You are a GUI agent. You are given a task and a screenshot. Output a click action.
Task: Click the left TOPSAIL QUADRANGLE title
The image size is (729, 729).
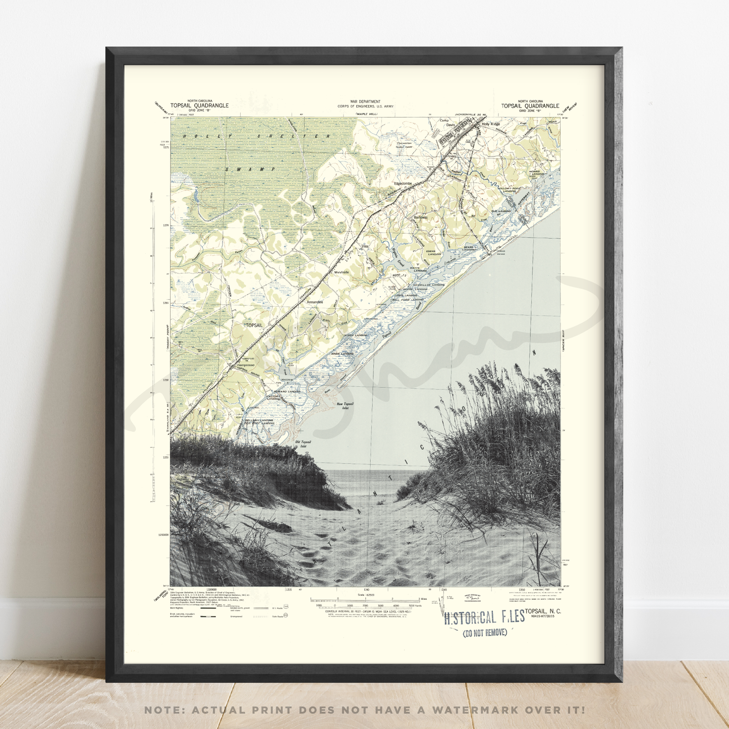(199, 105)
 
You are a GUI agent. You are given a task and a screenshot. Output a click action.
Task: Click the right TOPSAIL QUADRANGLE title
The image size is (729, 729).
(530, 105)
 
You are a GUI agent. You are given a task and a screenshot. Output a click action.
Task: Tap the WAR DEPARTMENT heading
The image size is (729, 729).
(365, 101)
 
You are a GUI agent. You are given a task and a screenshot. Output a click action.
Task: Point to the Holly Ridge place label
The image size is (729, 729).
(490, 124)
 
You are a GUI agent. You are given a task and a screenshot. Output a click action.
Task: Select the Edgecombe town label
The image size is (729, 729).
(403, 183)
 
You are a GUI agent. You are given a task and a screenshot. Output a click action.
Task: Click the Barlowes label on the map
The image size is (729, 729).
(420, 217)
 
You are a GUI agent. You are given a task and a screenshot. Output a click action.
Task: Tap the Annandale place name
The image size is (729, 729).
(315, 302)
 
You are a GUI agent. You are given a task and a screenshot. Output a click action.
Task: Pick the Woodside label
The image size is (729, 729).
(342, 272)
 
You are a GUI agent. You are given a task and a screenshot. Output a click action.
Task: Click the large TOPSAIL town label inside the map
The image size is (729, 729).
(254, 325)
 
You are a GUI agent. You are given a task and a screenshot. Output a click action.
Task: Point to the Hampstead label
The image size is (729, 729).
(245, 365)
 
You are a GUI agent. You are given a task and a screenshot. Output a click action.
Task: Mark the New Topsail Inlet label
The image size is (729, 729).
(345, 406)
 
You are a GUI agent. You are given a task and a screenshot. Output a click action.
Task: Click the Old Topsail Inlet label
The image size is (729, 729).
(303, 444)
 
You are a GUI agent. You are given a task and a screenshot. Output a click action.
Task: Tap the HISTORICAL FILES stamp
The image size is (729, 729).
(484, 618)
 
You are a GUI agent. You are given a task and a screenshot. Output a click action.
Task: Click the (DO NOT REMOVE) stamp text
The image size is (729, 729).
(484, 633)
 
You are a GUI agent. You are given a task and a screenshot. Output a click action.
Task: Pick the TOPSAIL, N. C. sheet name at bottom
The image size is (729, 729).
(542, 611)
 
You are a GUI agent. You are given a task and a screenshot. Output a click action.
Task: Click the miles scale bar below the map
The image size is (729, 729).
(366, 599)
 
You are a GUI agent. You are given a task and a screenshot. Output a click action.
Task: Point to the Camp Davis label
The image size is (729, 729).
(447, 123)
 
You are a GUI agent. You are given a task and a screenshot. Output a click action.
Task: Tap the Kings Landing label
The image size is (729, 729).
(342, 354)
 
